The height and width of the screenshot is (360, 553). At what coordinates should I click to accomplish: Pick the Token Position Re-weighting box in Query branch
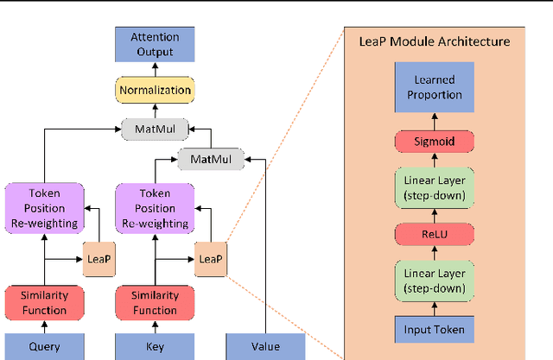click(x=45, y=208)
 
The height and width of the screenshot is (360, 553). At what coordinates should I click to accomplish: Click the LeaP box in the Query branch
click(x=99, y=258)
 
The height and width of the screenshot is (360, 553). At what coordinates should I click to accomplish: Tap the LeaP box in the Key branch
click(x=210, y=258)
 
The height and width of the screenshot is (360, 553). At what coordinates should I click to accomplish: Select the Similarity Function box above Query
click(x=45, y=303)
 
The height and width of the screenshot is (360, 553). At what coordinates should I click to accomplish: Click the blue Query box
click(x=45, y=347)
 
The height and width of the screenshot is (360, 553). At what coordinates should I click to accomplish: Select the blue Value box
click(x=266, y=347)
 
